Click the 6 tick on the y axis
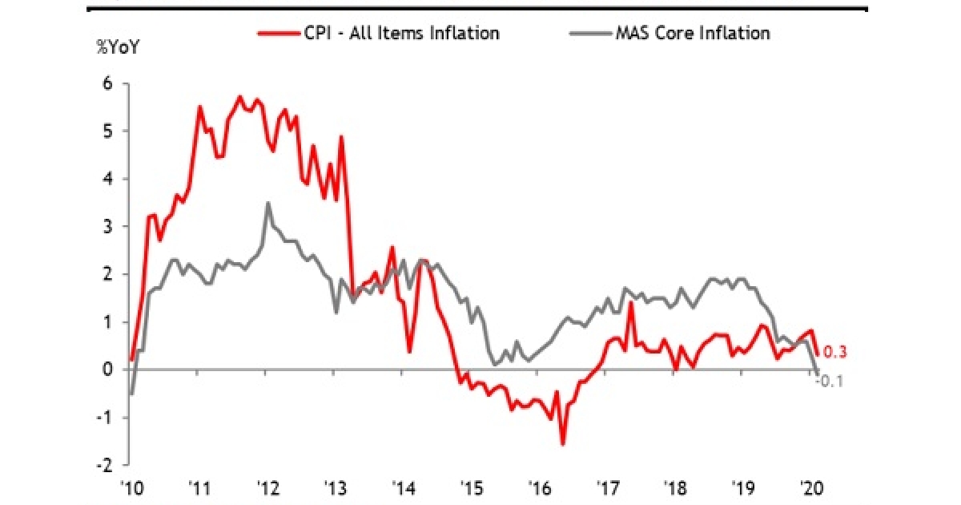coord(107,84)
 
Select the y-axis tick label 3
coord(107,227)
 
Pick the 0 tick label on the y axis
coord(107,370)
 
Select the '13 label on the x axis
coord(334,486)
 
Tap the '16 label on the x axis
coord(539,486)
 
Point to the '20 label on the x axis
coord(810,486)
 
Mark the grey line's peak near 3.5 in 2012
coord(267,203)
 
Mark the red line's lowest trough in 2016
coord(563,444)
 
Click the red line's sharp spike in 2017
coord(631,303)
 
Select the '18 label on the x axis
coord(674,486)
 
